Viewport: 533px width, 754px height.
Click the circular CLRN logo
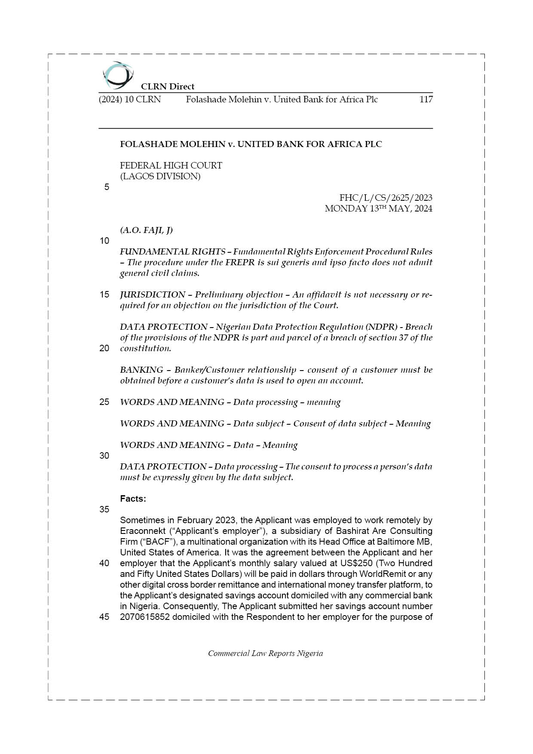click(118, 75)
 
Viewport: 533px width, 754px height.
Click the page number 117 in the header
click(426, 100)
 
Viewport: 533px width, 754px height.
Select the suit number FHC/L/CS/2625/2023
click(386, 198)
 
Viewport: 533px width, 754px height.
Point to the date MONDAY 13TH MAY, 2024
click(378, 209)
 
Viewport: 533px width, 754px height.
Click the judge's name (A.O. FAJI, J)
click(146, 230)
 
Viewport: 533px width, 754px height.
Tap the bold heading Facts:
click(133, 499)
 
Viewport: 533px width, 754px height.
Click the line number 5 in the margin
click(107, 187)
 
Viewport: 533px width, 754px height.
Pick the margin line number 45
click(104, 617)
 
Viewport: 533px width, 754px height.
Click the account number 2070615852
click(144, 617)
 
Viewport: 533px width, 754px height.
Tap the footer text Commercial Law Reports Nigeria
click(265, 653)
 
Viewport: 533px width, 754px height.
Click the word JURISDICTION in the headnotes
click(152, 294)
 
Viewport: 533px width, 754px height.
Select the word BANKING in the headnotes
click(141, 370)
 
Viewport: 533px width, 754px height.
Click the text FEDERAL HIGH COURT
click(171, 166)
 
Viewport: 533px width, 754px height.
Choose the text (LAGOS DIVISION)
click(160, 176)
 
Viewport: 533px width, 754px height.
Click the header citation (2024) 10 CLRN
click(129, 100)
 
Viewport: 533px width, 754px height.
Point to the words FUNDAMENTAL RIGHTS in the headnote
click(172, 251)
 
